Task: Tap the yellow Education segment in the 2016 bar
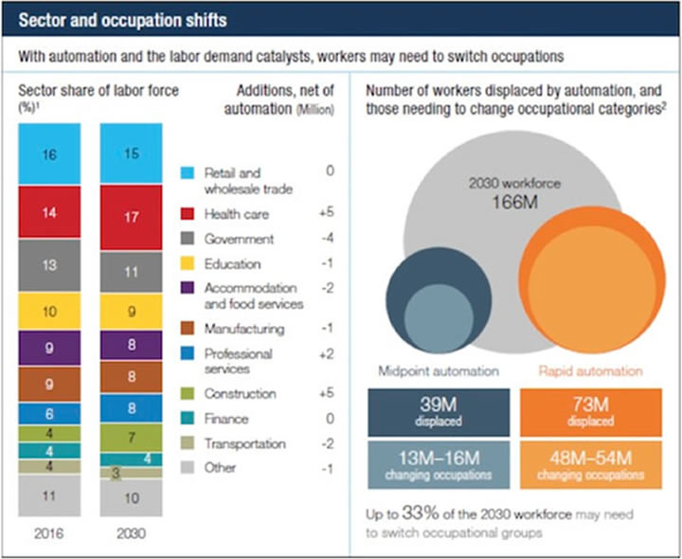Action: pos(48,311)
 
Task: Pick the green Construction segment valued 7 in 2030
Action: pos(131,438)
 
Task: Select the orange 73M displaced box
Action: pos(578,410)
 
